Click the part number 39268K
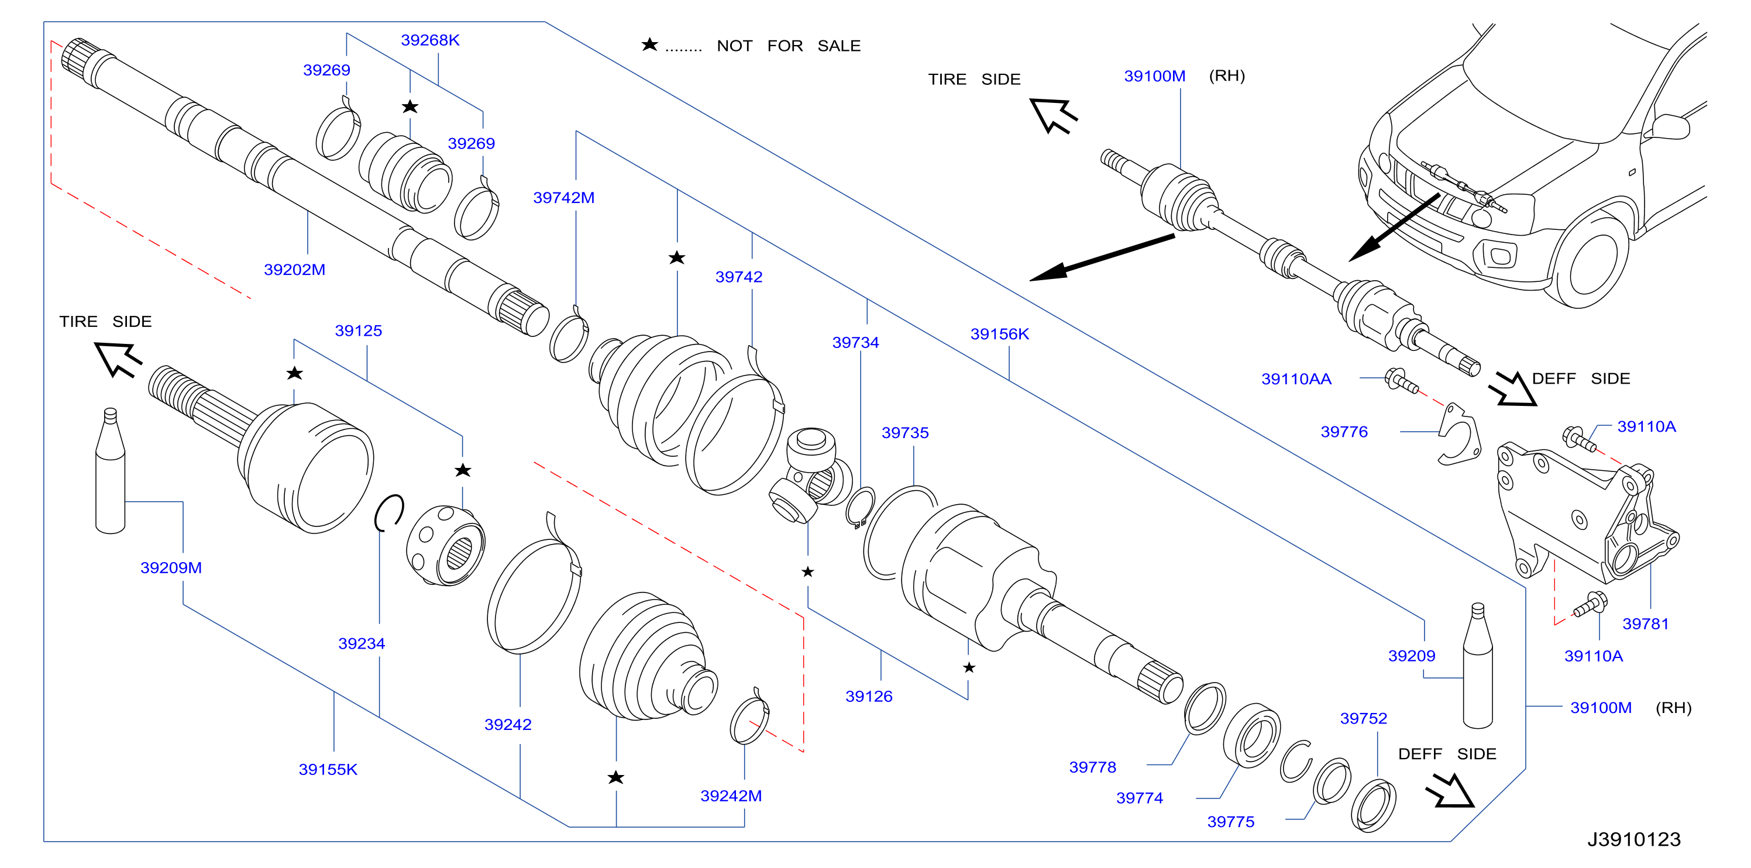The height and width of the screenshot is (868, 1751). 429,40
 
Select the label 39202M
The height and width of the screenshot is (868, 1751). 294,270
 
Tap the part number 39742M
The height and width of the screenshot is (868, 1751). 563,198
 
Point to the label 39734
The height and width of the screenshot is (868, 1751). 855,343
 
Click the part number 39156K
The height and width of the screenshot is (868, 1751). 999,335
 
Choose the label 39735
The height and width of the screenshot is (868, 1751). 904,433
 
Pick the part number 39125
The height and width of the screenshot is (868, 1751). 358,331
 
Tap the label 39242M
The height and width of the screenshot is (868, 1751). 731,796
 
